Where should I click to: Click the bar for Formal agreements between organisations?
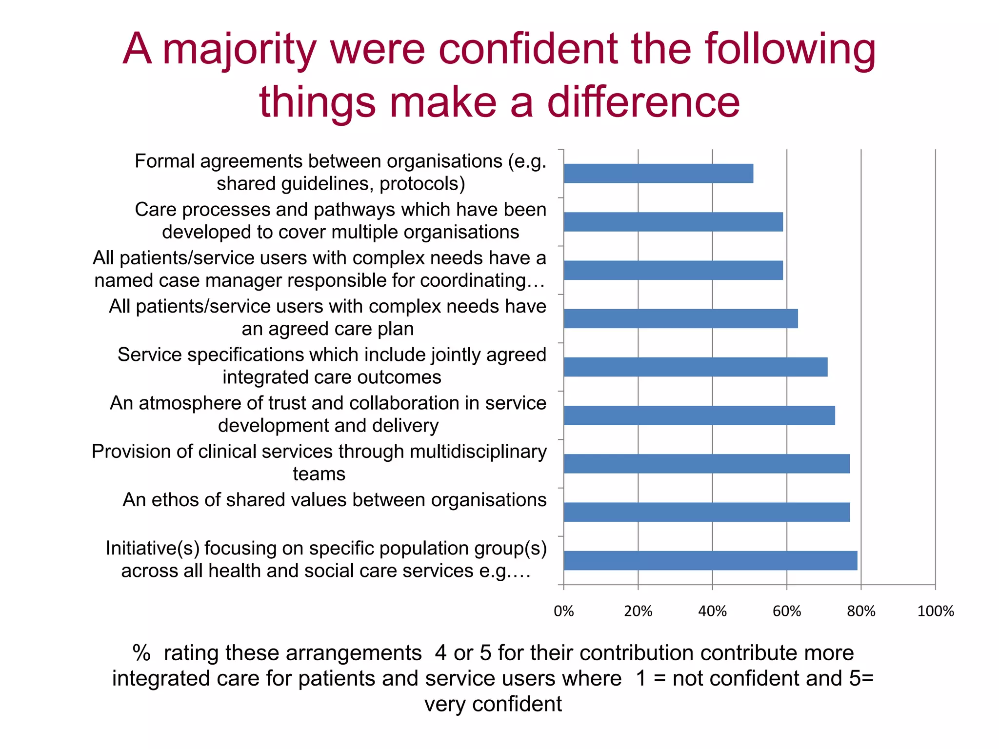(x=658, y=174)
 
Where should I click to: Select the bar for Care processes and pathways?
(x=673, y=222)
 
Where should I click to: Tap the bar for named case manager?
(x=673, y=270)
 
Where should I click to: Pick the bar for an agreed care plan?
(x=680, y=318)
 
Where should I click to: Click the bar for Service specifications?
(x=696, y=367)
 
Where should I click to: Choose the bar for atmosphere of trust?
(x=699, y=415)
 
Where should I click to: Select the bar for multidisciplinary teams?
(x=707, y=464)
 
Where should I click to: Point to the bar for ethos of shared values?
(x=707, y=512)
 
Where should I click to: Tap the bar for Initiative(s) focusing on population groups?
(x=710, y=560)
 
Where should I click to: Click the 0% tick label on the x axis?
(x=564, y=611)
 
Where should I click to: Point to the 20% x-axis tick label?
(x=638, y=611)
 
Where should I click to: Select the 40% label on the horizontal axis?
(x=713, y=611)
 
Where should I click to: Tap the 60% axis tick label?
(x=787, y=611)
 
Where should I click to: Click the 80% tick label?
(x=861, y=611)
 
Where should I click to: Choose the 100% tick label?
(x=936, y=611)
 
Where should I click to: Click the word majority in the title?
(x=240, y=50)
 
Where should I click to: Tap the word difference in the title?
(x=643, y=102)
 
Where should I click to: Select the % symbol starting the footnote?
(x=141, y=653)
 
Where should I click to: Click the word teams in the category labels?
(x=319, y=474)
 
